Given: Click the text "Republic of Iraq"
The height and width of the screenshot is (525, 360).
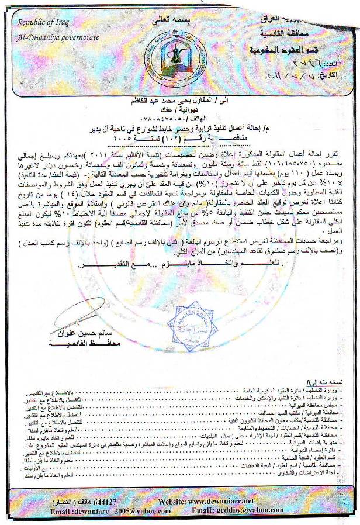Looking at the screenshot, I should click(41, 24).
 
